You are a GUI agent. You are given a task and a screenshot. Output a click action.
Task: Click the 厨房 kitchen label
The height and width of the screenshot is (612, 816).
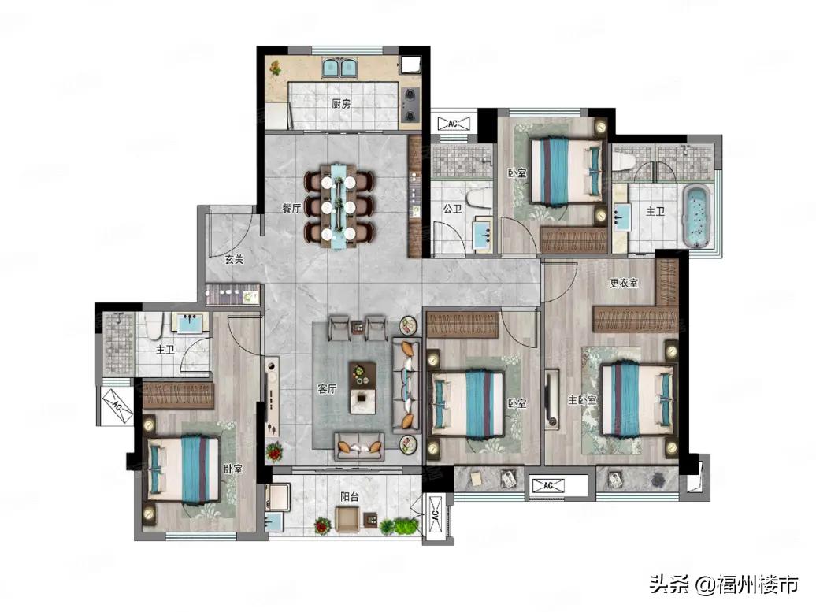[341, 104]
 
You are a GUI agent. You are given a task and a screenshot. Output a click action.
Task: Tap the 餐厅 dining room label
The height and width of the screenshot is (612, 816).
[291, 209]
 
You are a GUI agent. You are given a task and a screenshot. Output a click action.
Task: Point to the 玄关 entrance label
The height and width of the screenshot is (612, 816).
[234, 258]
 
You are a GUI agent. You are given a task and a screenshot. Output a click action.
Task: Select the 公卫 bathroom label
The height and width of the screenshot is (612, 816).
[452, 210]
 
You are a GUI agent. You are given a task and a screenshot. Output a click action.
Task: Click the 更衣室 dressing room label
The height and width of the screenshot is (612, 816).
[624, 283]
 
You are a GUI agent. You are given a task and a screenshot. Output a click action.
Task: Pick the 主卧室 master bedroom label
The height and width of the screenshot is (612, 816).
[582, 399]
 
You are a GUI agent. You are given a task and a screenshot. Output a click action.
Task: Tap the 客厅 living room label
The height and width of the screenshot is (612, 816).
[327, 389]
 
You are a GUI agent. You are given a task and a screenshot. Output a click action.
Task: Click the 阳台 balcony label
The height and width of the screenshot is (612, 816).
[350, 496]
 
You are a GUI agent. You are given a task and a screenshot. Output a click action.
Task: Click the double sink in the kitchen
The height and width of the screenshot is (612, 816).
[339, 69]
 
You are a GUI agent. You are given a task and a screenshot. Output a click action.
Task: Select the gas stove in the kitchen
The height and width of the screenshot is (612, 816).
[410, 104]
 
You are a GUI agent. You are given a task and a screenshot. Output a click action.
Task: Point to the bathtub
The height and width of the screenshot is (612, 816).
[696, 216]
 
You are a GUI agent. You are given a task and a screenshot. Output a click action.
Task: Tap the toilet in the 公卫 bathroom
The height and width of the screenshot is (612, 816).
[478, 198]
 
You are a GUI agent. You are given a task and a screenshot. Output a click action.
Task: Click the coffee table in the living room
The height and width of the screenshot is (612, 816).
[362, 388]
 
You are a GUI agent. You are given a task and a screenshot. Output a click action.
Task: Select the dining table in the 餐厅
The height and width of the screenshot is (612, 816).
[338, 206]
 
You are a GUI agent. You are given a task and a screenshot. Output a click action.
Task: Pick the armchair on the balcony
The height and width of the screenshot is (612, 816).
[347, 519]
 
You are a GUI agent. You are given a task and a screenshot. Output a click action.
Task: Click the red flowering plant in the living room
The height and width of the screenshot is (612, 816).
[274, 452]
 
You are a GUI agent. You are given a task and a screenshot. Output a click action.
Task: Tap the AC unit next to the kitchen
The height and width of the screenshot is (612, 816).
[453, 124]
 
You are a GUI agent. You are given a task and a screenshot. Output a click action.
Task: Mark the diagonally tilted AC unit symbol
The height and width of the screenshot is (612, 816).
[117, 403]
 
